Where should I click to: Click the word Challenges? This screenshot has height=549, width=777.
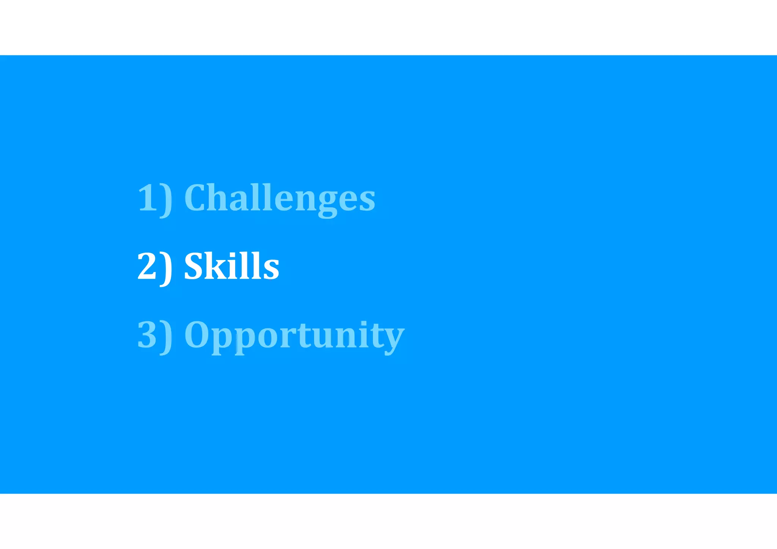[280, 198]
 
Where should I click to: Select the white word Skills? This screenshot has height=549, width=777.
[231, 266]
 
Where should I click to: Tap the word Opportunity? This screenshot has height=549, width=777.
[294, 335]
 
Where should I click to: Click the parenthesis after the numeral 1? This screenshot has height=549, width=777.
[166, 200]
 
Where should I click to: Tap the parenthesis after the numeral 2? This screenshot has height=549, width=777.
[166, 268]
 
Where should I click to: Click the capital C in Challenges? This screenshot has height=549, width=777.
[197, 198]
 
